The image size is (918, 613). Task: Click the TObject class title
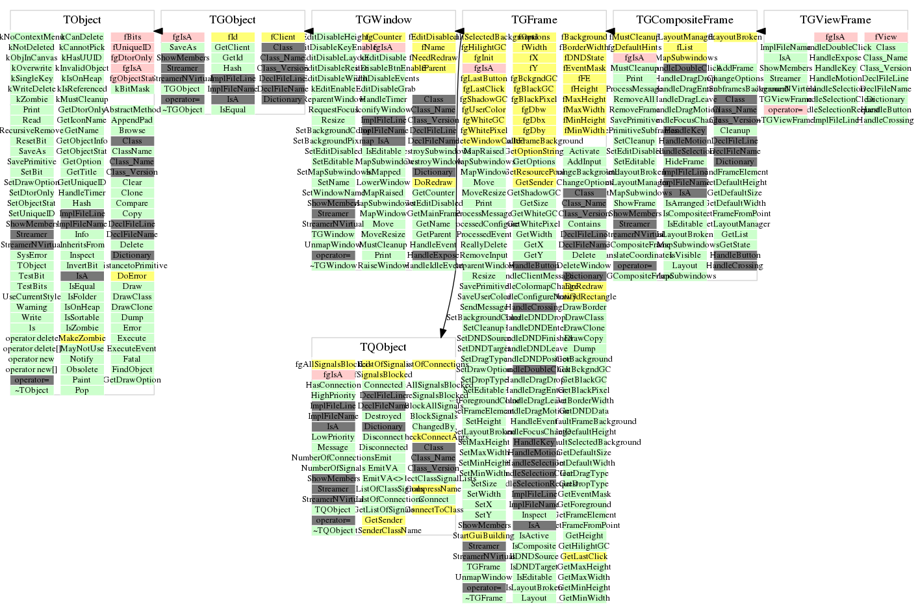[82, 20]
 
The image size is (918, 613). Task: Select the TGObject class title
[233, 20]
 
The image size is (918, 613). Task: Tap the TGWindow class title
[383, 20]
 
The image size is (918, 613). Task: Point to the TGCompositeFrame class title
[685, 20]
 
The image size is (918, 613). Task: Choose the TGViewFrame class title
[835, 20]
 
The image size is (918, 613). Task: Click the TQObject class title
[383, 347]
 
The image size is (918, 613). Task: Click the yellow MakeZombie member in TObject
[82, 338]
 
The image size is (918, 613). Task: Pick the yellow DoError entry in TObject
[132, 276]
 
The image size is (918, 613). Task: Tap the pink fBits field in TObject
[132, 37]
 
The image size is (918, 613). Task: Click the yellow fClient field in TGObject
[283, 37]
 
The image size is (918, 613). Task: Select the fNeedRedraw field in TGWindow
[433, 58]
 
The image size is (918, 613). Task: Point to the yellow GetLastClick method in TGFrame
[584, 557]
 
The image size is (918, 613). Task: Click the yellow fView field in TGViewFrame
[886, 37]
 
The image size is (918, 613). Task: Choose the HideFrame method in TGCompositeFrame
[685, 162]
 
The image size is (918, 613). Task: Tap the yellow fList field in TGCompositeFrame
[685, 47]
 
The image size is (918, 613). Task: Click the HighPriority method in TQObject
[333, 395]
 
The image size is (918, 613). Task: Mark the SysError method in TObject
[32, 255]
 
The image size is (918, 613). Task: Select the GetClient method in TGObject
[233, 47]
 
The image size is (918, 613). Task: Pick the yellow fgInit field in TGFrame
[484, 58]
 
